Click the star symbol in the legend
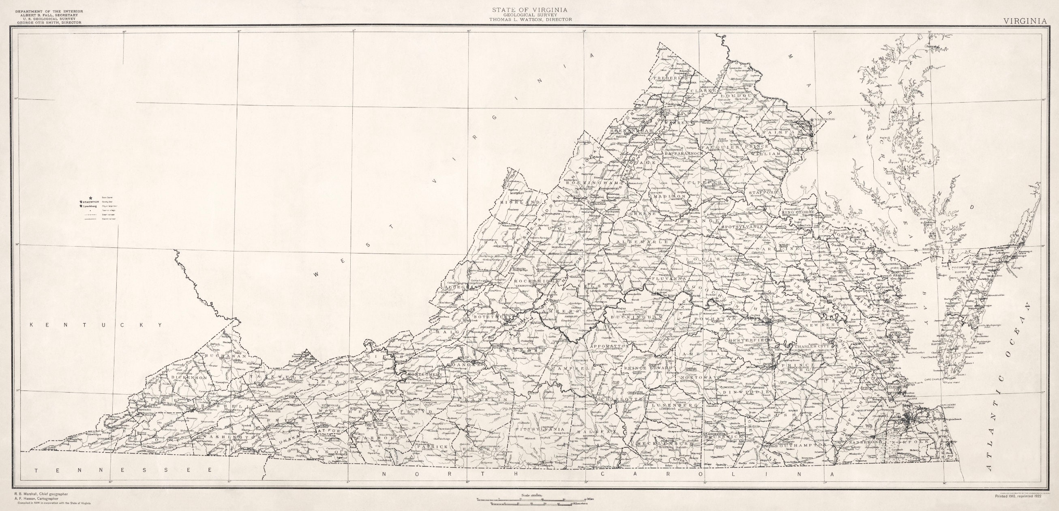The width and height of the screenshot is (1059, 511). pyautogui.click(x=84, y=198)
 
